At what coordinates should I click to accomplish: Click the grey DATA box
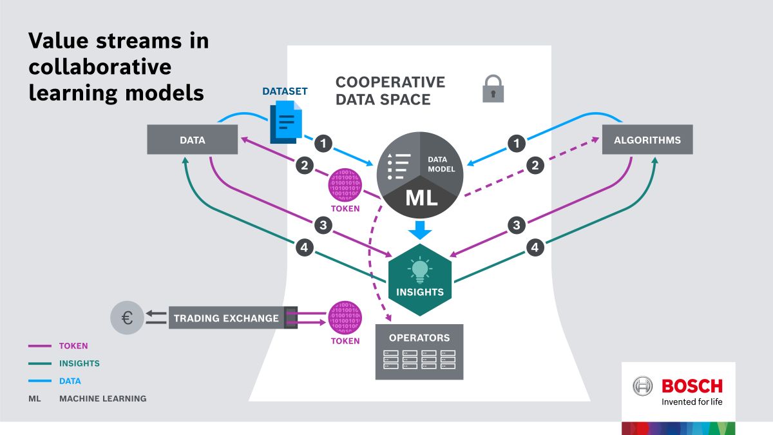pos(192,139)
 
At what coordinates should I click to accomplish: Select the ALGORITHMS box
pos(647,139)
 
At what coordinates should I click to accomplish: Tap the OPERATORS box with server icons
pos(419,352)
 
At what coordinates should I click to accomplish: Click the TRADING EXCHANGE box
pos(233,318)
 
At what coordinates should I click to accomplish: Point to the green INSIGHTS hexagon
pos(420,280)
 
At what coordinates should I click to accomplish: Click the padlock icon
pos(493,89)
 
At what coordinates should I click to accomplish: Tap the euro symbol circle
pos(127,318)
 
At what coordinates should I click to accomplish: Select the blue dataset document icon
pos(286,122)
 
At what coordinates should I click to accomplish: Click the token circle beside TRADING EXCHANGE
pos(345,318)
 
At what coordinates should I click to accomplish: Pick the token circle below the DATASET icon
pos(345,185)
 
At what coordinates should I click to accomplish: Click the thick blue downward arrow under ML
pos(420,230)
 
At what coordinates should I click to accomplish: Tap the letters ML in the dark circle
pos(421,198)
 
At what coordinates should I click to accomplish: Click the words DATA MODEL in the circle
pos(441,164)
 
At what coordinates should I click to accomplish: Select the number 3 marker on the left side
pos(323,225)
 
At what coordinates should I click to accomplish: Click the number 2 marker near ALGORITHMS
pos(535,166)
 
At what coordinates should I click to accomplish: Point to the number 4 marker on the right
pos(535,247)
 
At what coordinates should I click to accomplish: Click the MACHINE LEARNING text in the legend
pos(103,398)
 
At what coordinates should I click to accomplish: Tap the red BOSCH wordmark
pos(692,386)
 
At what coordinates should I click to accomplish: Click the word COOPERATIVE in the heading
pos(390,82)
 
